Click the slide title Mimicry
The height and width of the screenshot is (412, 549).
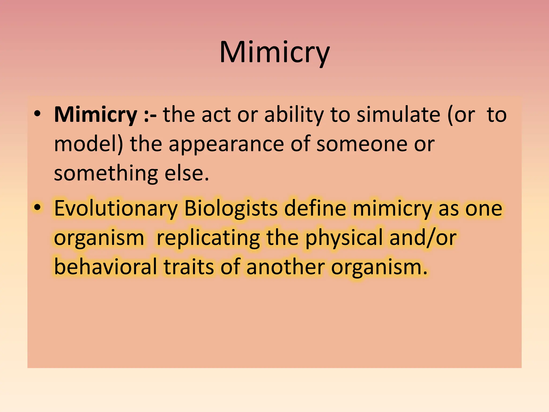274,52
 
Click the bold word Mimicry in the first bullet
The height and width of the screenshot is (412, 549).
96,115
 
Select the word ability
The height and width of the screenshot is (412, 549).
294,115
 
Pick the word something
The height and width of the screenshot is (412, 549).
106,174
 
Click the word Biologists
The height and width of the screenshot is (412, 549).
231,208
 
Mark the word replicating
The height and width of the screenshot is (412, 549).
208,238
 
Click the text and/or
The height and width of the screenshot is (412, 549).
423,238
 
